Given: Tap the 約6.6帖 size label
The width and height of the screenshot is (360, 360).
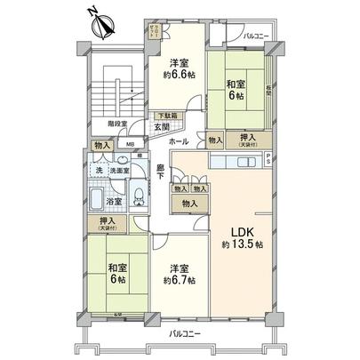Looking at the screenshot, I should point(180,76).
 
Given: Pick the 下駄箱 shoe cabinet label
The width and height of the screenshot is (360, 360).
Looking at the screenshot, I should point(168,116).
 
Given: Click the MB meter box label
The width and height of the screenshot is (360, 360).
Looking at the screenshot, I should point(130,145).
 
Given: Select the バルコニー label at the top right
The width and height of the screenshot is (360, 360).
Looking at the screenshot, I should point(257,36).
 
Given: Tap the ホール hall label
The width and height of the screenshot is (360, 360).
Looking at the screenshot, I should point(178,141).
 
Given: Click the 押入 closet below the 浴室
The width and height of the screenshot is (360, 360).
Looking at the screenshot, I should point(100,224).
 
